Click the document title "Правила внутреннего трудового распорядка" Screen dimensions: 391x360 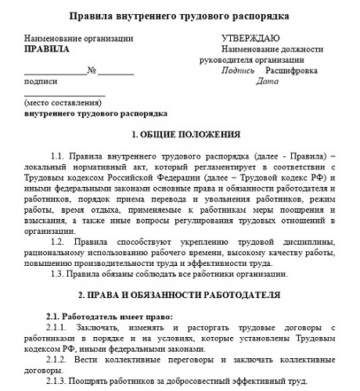[x=179, y=16]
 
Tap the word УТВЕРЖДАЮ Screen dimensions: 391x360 [x=252, y=38]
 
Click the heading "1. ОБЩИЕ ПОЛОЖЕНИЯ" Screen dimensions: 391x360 [x=181, y=134]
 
